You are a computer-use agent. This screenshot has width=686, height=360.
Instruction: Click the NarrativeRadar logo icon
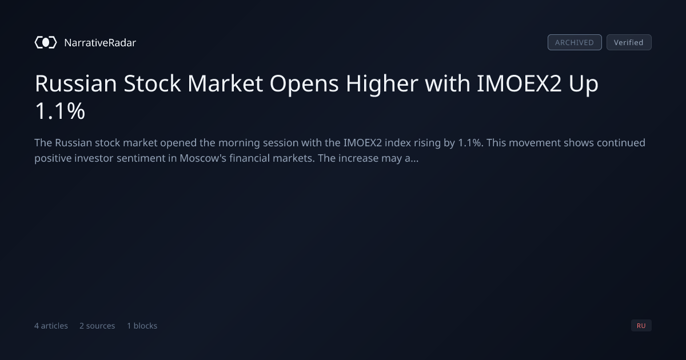point(46,42)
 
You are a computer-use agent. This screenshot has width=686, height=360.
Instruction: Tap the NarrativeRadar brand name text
point(100,42)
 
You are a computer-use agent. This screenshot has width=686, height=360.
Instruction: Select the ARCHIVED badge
point(575,42)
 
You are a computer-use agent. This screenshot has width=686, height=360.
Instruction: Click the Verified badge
point(629,42)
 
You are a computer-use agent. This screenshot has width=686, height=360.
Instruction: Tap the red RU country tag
point(641,325)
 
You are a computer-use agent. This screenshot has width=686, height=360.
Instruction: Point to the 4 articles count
point(51,326)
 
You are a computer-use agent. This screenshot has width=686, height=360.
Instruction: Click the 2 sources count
point(97,326)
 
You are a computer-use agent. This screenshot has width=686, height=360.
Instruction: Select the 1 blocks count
point(142,326)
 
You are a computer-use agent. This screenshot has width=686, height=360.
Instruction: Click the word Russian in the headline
point(75,83)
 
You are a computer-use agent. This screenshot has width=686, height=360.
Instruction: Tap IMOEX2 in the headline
point(519,83)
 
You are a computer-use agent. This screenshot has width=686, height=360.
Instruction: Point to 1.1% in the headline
point(60,111)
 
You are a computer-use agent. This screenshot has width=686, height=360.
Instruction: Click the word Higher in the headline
point(382,84)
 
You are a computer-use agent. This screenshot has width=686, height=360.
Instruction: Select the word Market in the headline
point(225,83)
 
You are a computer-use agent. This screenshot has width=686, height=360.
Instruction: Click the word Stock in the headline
point(152,83)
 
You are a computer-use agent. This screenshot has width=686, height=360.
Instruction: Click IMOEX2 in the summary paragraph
point(362,143)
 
